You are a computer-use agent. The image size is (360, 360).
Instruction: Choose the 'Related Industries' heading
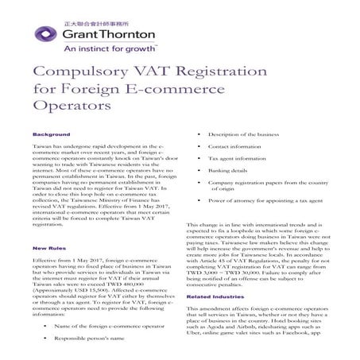(215, 296)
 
